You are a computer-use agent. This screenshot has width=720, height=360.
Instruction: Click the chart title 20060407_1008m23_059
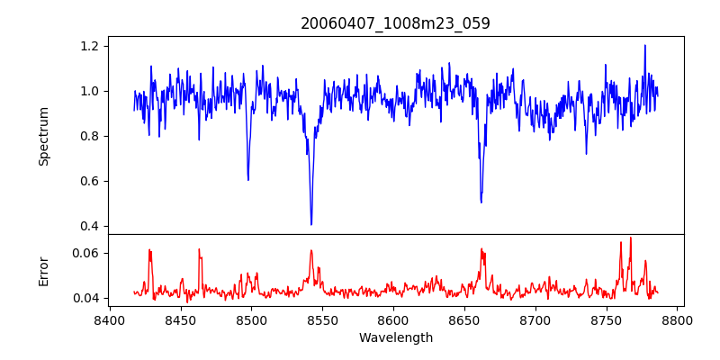[x=395, y=23]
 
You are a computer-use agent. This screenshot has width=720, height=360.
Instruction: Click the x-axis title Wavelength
[x=395, y=337]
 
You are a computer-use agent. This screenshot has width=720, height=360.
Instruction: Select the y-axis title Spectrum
[x=44, y=136]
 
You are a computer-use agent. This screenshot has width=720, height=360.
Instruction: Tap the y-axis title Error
[x=44, y=271]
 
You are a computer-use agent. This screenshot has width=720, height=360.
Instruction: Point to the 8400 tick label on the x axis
[x=109, y=319]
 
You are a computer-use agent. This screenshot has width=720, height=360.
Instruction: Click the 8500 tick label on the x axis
[x=251, y=319]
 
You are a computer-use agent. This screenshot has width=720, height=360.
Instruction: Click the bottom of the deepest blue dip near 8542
[x=311, y=224]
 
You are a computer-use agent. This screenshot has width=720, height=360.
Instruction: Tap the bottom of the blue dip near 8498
[x=248, y=179]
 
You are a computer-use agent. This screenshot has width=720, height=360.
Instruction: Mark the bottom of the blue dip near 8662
[x=481, y=202]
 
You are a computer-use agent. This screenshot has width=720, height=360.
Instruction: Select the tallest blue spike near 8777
[x=644, y=46]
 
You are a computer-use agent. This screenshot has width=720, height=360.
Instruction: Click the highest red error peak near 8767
[x=630, y=238]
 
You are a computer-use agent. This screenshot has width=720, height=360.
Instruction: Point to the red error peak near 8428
[x=149, y=250]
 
